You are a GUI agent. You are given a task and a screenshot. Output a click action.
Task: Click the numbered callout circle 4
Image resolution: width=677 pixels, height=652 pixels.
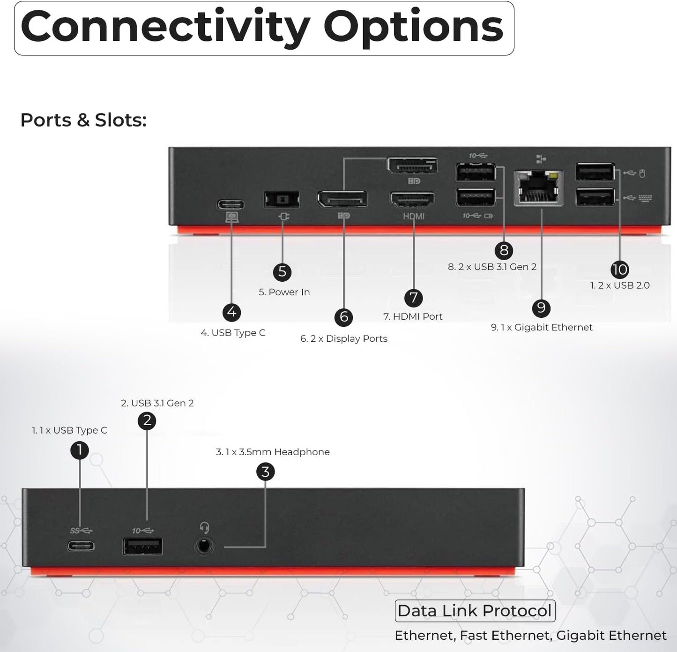pos(232,312)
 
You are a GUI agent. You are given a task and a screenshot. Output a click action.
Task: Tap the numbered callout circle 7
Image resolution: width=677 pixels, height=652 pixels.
pos(413,297)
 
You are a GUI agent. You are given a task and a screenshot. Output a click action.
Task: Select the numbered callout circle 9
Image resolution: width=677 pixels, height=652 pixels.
pos(541,307)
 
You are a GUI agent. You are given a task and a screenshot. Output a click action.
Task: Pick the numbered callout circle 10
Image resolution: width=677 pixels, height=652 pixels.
pos(619,270)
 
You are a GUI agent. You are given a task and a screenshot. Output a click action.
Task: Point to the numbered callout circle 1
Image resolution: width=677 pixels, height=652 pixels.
pos(80,450)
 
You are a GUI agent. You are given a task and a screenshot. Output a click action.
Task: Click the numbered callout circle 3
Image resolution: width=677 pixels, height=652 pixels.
pos(266,471)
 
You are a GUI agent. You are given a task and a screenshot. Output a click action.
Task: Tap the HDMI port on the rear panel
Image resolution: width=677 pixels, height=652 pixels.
pos(412,200)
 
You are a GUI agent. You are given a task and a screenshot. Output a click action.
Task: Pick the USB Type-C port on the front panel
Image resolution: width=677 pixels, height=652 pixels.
pos(81,546)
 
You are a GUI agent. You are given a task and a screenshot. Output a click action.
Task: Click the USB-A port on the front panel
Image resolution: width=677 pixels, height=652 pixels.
pos(143,547)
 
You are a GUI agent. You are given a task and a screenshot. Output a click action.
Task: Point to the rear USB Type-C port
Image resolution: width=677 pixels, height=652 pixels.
pos(231,205)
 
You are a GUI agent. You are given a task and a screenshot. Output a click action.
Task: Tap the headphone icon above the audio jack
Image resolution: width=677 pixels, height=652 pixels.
pos(204,528)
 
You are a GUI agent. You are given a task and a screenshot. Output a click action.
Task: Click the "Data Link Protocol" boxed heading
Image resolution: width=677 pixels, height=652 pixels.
pos(475,611)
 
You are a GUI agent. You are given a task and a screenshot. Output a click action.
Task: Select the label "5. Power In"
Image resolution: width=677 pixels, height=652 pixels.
pos(284,292)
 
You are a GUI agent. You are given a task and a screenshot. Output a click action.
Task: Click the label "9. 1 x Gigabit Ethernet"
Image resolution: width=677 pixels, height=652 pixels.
pos(542,327)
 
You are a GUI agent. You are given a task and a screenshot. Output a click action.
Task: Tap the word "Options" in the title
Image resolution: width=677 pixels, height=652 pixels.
pos(413,27)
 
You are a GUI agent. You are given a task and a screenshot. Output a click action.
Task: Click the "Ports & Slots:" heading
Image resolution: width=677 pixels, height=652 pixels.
pos(83,120)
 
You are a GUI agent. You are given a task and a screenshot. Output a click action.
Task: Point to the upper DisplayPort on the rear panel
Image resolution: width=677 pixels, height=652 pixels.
pos(412,166)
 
